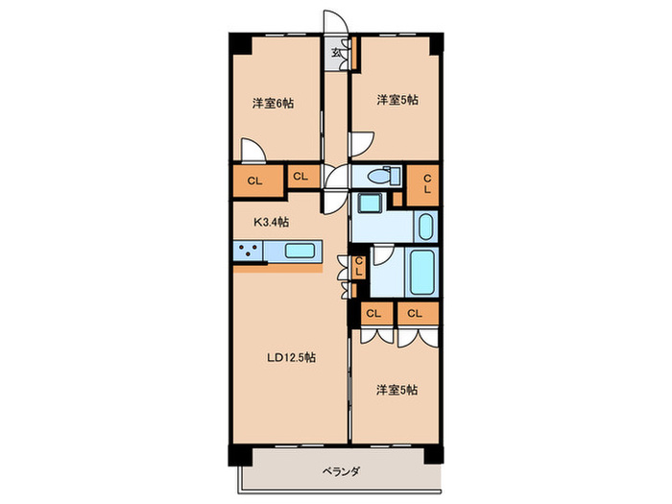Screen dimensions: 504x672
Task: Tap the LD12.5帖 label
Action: click(292, 357)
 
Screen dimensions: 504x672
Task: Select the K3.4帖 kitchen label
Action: click(272, 222)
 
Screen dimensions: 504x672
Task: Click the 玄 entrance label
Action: click(337, 53)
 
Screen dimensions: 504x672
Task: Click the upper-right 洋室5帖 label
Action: click(396, 99)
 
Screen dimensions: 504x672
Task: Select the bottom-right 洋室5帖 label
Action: click(396, 390)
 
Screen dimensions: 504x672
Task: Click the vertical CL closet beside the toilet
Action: click(426, 183)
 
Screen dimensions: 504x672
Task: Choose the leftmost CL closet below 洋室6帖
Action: click(255, 180)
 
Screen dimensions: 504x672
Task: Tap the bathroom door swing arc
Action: click(380, 254)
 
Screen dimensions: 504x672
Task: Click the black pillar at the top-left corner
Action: click(238, 44)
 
